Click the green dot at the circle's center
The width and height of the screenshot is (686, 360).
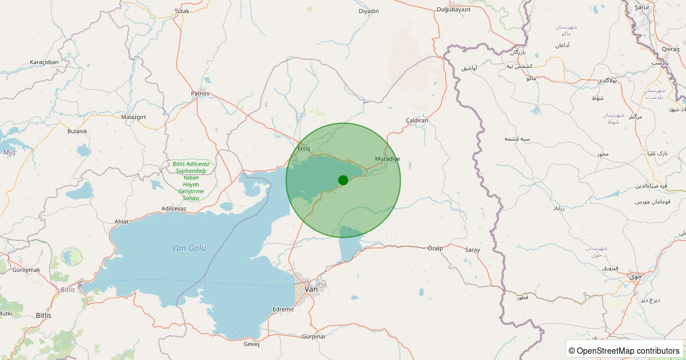click(343, 180)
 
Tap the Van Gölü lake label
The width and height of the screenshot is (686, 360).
click(189, 248)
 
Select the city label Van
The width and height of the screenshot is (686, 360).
click(312, 289)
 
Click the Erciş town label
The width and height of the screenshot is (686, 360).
click(304, 149)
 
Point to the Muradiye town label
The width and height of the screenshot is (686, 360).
click(388, 158)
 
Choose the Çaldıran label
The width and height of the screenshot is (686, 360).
click(417, 121)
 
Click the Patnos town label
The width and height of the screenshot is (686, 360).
click(200, 93)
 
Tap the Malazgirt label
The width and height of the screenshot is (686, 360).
click(134, 117)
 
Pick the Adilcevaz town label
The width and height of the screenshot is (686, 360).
click(174, 209)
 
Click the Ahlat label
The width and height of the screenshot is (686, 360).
click(122, 222)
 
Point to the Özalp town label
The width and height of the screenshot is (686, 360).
click(436, 248)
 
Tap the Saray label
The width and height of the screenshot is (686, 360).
click(472, 250)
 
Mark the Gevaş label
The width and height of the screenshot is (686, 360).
click(252, 344)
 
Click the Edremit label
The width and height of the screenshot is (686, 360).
click(283, 309)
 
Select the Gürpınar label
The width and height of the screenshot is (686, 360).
click(314, 337)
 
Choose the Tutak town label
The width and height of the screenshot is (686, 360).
click(181, 11)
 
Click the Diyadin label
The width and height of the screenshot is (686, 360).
click(369, 11)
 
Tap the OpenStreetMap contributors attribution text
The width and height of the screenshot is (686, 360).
click(624, 350)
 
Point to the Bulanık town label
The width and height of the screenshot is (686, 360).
click(77, 131)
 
